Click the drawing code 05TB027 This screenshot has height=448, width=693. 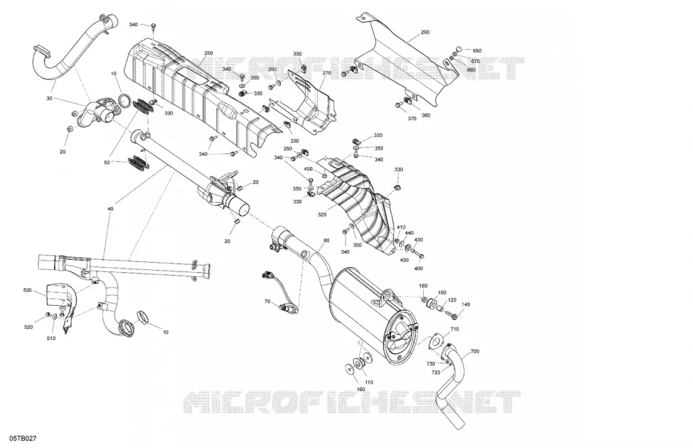pos(24,439)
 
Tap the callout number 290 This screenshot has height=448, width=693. pos(425,32)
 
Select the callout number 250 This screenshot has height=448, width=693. pos(209,53)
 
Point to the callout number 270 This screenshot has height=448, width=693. pos(327,73)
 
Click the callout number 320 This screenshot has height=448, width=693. pos(322,215)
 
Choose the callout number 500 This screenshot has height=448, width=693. pos(28,290)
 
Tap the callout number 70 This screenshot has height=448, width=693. pos(268,301)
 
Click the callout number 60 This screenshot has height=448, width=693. pos(326,241)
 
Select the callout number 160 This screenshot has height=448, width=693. pos(360,389)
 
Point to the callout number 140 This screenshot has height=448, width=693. pos(465,304)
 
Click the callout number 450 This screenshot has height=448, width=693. pos(308,169)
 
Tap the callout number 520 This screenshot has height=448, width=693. pos(28,328)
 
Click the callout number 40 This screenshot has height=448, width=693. pos(110,209)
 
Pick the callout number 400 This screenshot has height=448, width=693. pos(418,269)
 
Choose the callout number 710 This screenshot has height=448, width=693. pos(454,330)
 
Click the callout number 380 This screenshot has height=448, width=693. pos(425,115)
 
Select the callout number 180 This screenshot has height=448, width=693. pos(423,286)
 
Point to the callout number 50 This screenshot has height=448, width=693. pos(107,163)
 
